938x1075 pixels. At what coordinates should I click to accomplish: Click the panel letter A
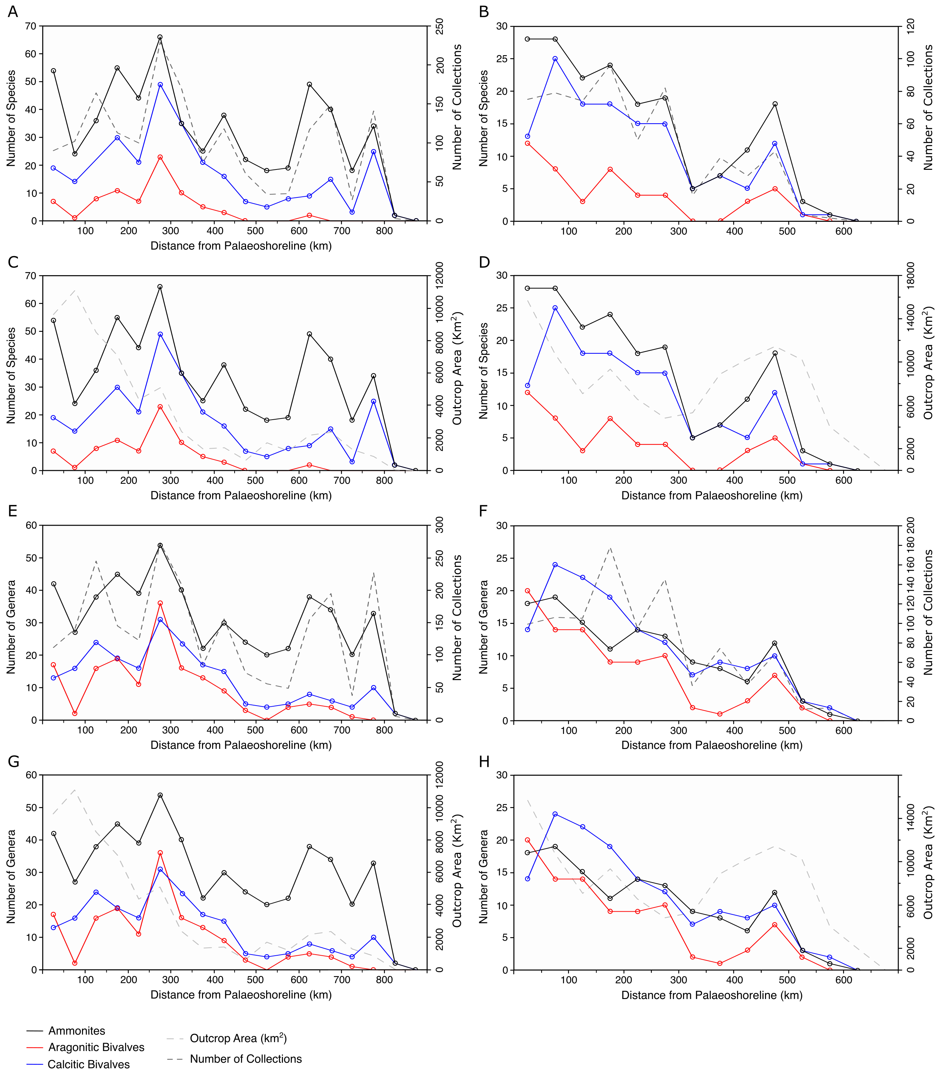pyautogui.click(x=13, y=11)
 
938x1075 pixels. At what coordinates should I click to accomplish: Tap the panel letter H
pyautogui.click(x=484, y=762)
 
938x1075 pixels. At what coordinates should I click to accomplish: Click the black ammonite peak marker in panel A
pyautogui.click(x=160, y=37)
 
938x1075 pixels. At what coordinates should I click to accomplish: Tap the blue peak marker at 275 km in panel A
pyautogui.click(x=160, y=85)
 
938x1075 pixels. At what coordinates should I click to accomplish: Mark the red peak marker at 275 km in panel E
pyautogui.click(x=160, y=603)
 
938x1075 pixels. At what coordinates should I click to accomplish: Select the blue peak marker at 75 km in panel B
pyautogui.click(x=555, y=59)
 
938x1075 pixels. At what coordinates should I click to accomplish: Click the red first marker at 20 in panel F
pyautogui.click(x=528, y=591)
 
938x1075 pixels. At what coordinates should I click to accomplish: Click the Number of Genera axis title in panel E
pyautogui.click(x=11, y=627)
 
